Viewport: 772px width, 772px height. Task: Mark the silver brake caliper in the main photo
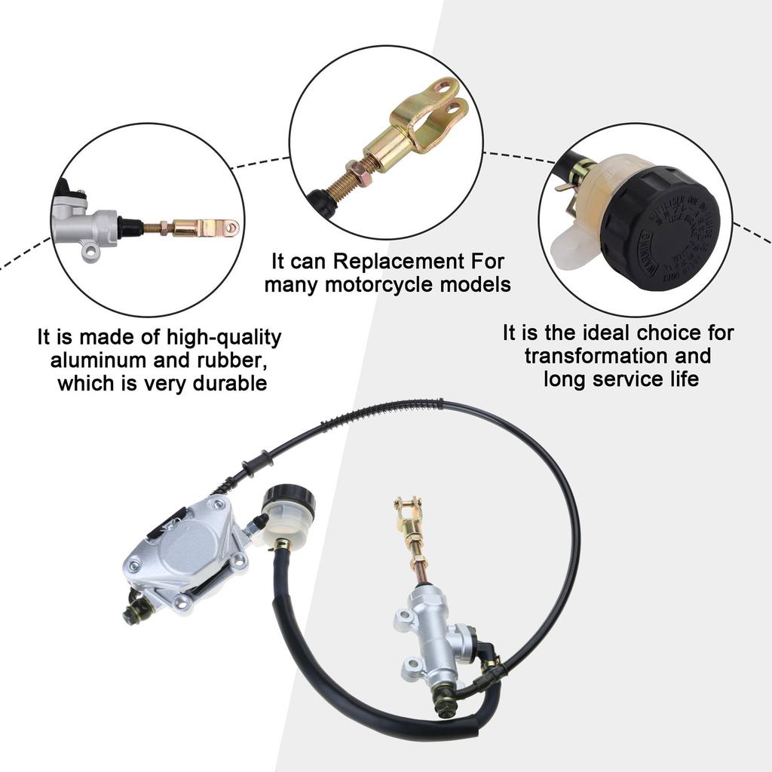click(x=188, y=550)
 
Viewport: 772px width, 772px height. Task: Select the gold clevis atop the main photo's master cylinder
click(x=408, y=517)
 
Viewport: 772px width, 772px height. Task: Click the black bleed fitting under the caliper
click(x=136, y=608)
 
